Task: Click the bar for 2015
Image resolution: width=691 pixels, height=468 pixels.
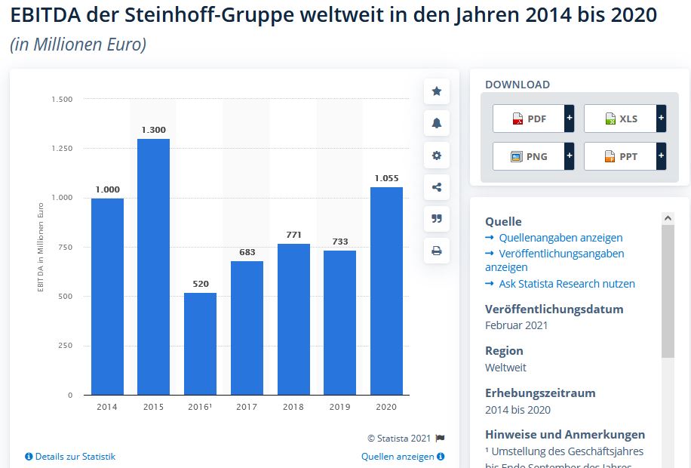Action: click(153, 266)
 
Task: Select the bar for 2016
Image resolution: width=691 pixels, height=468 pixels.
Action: click(200, 343)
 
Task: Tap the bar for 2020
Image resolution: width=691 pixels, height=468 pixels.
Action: click(385, 291)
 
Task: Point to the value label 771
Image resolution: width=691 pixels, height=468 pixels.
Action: click(293, 235)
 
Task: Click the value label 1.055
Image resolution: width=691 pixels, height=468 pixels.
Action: click(385, 178)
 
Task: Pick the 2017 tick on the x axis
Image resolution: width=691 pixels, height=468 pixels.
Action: click(247, 407)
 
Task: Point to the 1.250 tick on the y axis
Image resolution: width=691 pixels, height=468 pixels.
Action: click(62, 149)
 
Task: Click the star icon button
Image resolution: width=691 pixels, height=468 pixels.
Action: click(436, 91)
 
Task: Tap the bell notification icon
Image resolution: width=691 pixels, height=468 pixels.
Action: click(436, 123)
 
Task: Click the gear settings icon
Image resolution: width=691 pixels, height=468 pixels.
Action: click(436, 155)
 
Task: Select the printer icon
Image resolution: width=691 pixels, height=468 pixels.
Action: click(436, 251)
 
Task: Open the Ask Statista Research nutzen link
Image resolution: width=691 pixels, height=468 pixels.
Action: click(567, 284)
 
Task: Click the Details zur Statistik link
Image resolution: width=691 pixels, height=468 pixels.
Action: click(75, 457)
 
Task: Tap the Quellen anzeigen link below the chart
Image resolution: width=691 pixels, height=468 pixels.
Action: click(398, 457)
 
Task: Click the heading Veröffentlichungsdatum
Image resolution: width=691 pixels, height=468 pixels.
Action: click(554, 309)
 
